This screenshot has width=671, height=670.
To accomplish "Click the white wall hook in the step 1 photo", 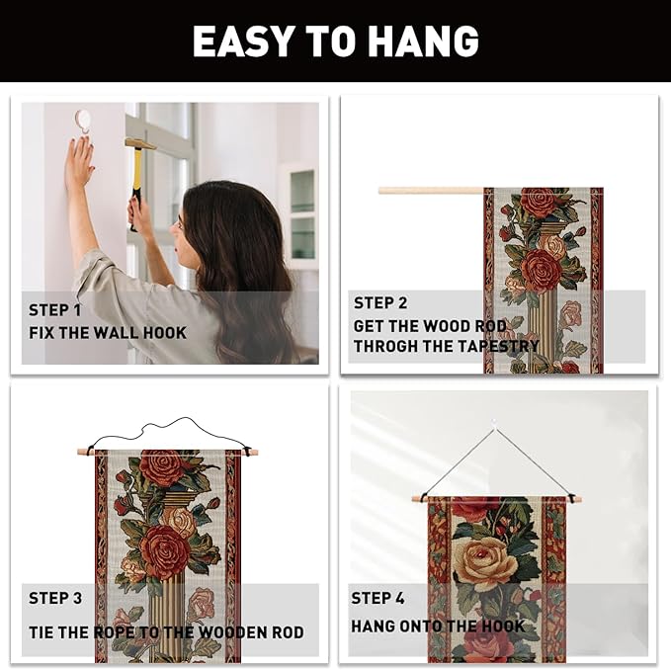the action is point(82,121).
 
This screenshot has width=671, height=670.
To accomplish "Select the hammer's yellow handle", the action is point(137,176).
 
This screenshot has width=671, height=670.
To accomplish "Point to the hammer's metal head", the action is point(140,143).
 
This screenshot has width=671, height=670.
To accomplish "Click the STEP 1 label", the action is point(54,310).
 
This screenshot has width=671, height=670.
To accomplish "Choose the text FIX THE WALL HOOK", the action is point(108,333).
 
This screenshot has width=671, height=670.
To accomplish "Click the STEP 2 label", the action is point(380,303).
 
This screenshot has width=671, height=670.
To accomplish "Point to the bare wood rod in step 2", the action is point(431,191).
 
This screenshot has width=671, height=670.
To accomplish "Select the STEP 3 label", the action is point(55,598).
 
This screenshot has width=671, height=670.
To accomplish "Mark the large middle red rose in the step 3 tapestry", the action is point(165,548).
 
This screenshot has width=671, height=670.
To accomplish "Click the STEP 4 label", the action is point(377,598).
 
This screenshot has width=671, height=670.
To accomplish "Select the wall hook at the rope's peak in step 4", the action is point(495,423).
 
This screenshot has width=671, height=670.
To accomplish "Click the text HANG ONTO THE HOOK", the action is point(438,627).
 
